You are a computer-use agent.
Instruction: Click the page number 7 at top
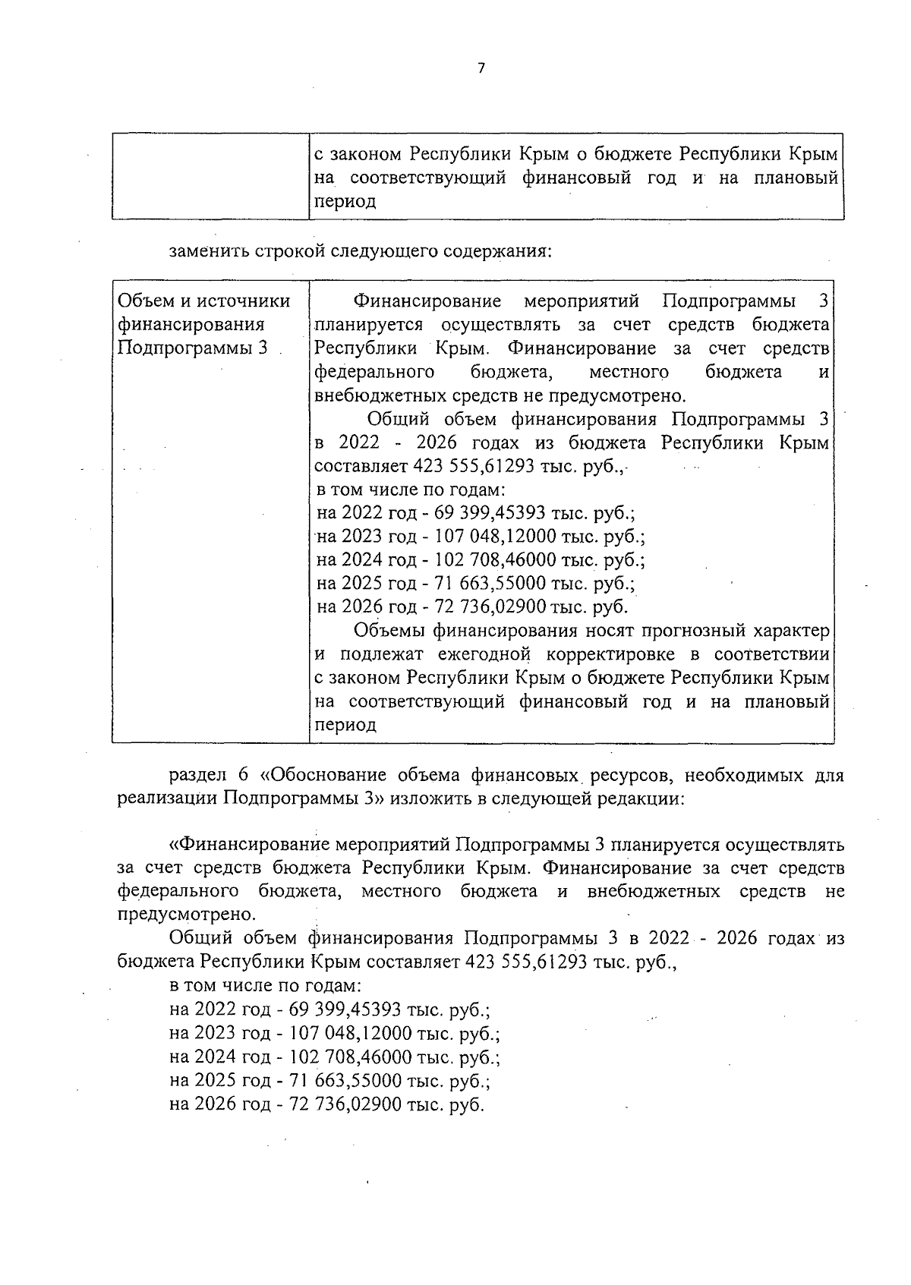[x=480, y=68]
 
